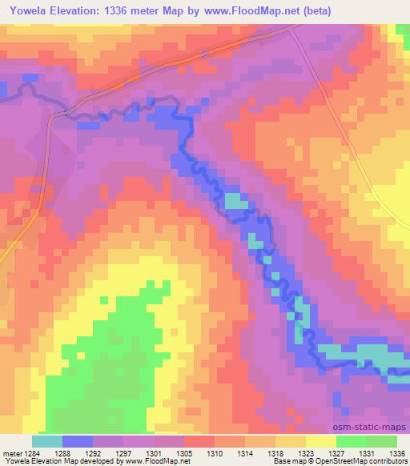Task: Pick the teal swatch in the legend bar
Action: click(x=47, y=441)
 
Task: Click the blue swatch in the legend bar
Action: click(x=78, y=441)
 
